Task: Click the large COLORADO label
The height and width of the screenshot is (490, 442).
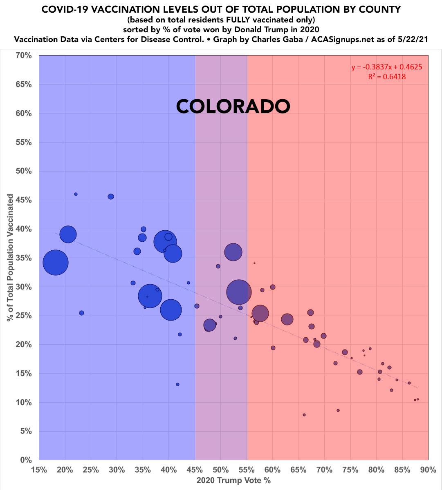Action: click(x=233, y=107)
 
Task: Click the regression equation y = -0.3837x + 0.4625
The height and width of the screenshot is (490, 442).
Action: click(x=386, y=67)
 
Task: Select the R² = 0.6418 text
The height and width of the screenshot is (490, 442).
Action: click(x=386, y=76)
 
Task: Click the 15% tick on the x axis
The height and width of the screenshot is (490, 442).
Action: click(x=39, y=470)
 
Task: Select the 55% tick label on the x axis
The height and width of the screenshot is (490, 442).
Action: click(x=247, y=470)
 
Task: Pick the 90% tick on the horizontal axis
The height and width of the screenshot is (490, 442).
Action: click(x=428, y=470)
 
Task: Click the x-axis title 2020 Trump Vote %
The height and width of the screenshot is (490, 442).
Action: click(x=233, y=481)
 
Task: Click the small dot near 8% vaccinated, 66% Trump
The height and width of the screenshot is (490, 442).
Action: click(x=304, y=415)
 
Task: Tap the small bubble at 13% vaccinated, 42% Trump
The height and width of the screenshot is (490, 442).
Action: click(x=177, y=384)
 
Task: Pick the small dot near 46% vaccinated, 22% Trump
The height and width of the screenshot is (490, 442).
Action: click(x=76, y=194)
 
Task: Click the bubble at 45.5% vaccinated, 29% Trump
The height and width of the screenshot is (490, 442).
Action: click(x=111, y=197)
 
